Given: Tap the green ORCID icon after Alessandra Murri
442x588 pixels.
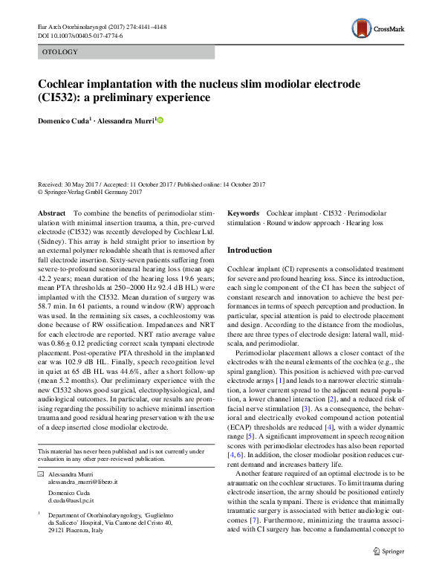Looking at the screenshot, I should coord(158,120).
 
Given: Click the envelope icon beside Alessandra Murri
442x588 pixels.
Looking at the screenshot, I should coord(41,473).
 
